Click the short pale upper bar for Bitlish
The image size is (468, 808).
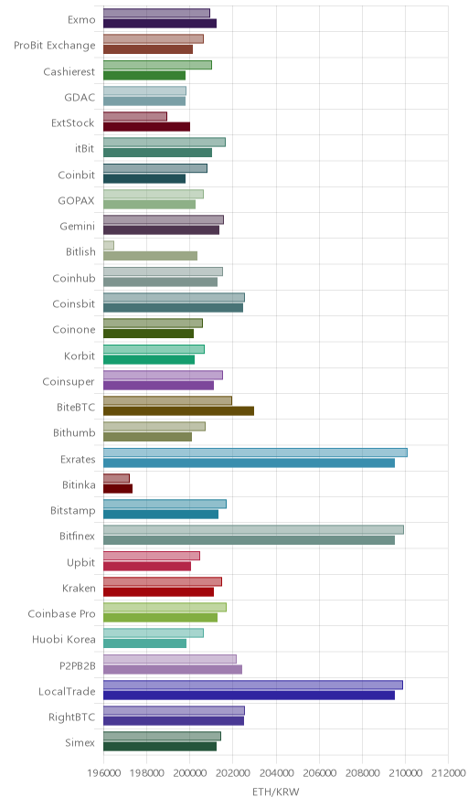(x=109, y=245)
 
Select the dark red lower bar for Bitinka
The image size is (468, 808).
(x=118, y=488)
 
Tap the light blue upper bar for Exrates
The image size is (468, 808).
(x=256, y=452)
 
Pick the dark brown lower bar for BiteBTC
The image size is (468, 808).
(x=179, y=410)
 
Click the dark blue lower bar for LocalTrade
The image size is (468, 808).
(x=249, y=696)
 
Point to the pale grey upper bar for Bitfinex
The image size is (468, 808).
(x=253, y=530)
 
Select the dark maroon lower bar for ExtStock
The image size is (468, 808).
(x=147, y=127)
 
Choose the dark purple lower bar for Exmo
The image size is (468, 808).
(x=160, y=23)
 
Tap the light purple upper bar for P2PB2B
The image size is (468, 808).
(x=170, y=659)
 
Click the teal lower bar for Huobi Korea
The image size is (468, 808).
(x=144, y=643)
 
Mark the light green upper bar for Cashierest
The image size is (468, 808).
(x=158, y=65)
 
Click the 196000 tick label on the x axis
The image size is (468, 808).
(x=103, y=773)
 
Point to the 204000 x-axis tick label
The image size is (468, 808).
(x=276, y=773)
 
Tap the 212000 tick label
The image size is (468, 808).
(x=448, y=773)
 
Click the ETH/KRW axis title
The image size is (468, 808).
(x=276, y=792)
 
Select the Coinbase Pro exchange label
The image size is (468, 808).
(x=62, y=613)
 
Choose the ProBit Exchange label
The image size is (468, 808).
(x=55, y=46)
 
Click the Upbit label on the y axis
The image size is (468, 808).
(x=81, y=562)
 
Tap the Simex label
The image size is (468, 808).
(x=80, y=742)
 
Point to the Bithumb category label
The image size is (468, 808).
(x=74, y=433)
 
